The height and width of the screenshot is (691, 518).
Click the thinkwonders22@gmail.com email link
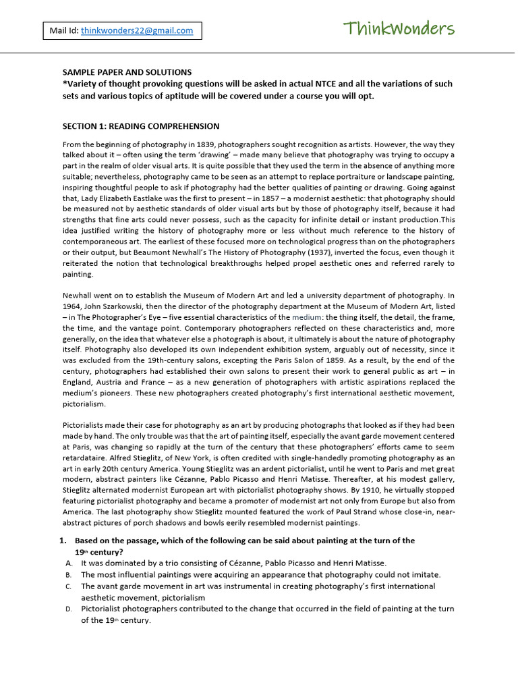click(x=137, y=30)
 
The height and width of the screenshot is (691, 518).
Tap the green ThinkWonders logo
click(x=399, y=29)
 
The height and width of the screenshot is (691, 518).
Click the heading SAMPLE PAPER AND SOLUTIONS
click(x=127, y=72)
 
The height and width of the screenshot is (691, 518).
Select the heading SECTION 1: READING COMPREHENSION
click(x=141, y=126)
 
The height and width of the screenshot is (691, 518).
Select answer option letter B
click(x=69, y=575)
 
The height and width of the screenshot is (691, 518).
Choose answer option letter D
click(x=69, y=609)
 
